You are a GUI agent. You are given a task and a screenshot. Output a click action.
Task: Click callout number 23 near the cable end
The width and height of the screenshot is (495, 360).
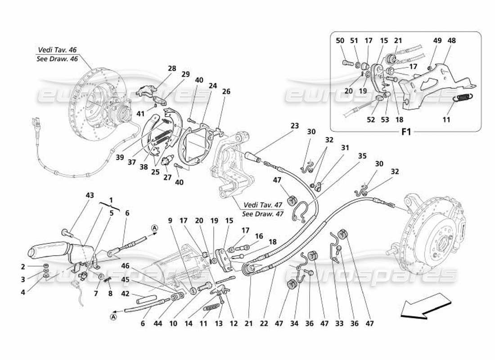294,126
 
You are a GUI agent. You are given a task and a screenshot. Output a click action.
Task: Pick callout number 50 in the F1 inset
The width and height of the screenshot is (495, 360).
340,40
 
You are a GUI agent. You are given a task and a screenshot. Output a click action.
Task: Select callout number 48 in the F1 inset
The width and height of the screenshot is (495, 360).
451,40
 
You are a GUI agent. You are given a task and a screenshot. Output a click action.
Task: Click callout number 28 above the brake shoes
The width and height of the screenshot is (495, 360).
172,68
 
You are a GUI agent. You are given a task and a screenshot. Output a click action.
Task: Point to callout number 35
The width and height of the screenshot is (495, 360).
362,156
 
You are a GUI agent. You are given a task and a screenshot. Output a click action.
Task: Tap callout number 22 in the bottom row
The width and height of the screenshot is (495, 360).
265,323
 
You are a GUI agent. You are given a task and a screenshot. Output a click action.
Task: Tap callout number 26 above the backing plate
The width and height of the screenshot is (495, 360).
226,91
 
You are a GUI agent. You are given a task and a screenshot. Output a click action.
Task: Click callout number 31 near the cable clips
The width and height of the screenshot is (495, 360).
345,147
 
